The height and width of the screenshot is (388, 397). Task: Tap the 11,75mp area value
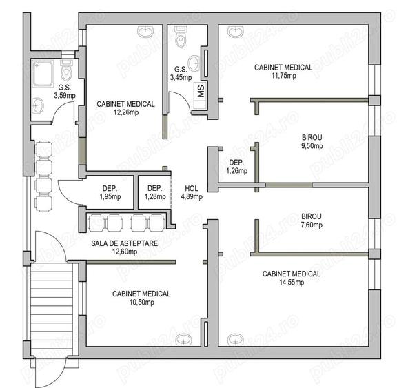[x=283, y=76]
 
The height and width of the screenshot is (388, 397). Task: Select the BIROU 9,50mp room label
[x=312, y=141]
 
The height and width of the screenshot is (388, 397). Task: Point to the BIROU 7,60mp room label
[x=312, y=220]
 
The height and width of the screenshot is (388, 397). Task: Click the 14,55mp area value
[x=291, y=282]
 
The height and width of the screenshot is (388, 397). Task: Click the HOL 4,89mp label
[x=192, y=192]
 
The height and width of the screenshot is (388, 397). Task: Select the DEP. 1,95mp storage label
[x=110, y=192]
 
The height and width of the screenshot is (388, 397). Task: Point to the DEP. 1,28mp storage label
[x=154, y=192]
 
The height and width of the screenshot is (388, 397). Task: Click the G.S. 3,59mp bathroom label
[x=64, y=92]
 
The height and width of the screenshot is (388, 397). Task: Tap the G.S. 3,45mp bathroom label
[x=181, y=73]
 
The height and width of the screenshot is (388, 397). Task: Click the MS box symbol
[x=201, y=92]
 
